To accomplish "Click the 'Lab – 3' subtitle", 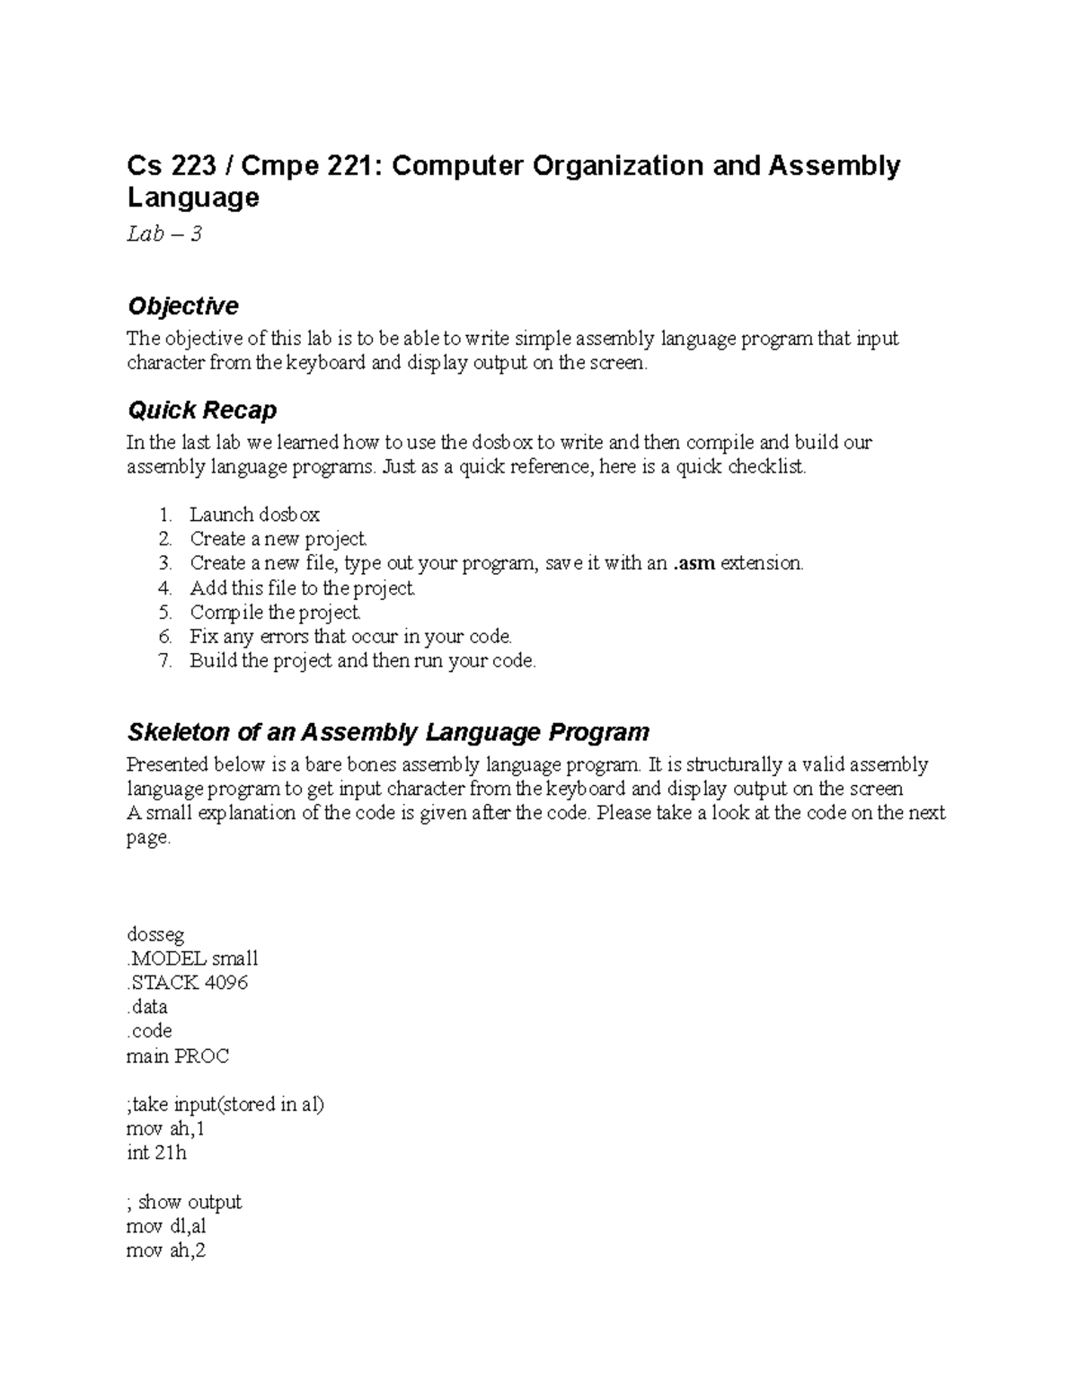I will (x=164, y=234).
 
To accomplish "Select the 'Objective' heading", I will (x=182, y=306).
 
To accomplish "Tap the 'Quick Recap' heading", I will (x=201, y=411).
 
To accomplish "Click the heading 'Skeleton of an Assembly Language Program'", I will (x=387, y=732).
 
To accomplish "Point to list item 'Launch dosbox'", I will (x=254, y=515).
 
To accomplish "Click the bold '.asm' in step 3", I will (x=694, y=563).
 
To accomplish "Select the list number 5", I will (x=164, y=613).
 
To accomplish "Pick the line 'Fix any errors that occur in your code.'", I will (x=350, y=637).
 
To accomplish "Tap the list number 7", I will (x=164, y=661).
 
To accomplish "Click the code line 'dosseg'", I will (x=155, y=934).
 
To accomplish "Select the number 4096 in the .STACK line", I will (x=225, y=983).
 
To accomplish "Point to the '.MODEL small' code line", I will (x=192, y=958).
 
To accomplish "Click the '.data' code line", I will (x=147, y=1007).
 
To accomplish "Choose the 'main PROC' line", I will (x=178, y=1056).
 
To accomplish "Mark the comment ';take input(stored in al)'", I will (x=225, y=1105).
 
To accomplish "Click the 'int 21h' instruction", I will (x=156, y=1153).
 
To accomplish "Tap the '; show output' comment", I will (x=184, y=1202).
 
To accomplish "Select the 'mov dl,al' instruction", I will (x=167, y=1226).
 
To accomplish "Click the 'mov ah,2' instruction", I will (x=166, y=1250).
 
